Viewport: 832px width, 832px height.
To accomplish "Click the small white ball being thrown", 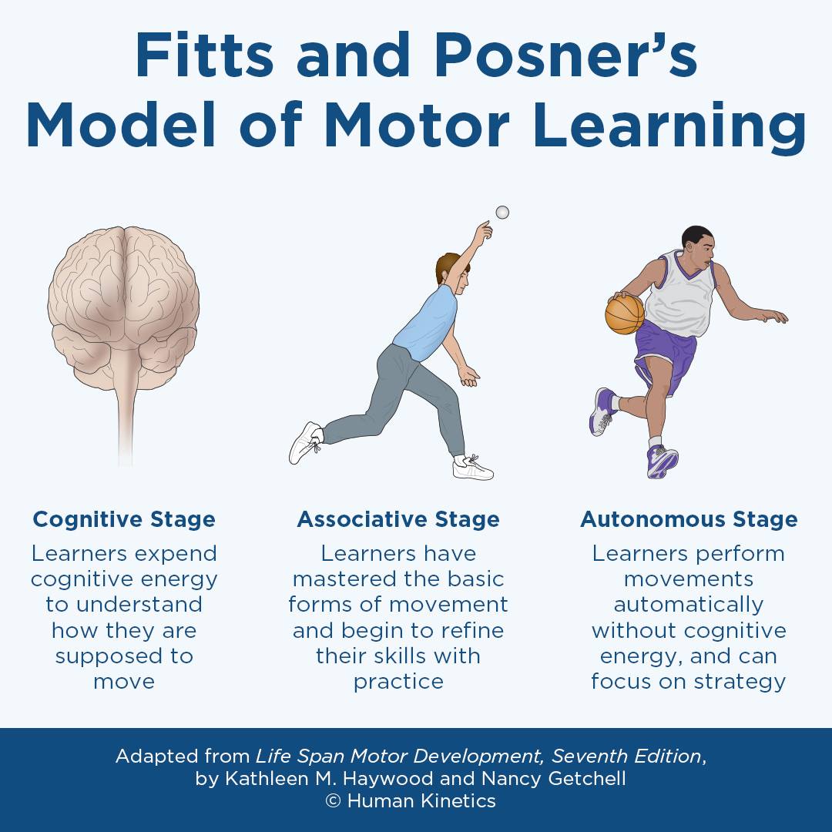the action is tap(502, 213).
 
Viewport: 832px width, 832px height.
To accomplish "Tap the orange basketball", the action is tap(625, 314).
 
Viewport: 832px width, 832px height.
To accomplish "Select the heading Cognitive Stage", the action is tap(124, 519).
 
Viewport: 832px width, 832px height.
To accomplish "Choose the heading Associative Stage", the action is tap(398, 519).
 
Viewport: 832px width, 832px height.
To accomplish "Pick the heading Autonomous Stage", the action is tap(689, 519).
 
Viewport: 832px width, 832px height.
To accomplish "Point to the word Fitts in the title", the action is tap(204, 55).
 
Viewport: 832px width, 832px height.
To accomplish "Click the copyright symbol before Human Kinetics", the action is tap(333, 800).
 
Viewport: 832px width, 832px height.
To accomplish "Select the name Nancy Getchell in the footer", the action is tap(554, 778).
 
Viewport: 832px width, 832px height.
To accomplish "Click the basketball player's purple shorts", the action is tap(664, 353).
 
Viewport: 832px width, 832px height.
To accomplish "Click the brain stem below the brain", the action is tap(126, 419).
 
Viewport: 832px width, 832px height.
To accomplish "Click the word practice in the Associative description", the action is tap(398, 681).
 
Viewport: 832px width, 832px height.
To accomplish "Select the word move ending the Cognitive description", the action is tap(124, 681).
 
